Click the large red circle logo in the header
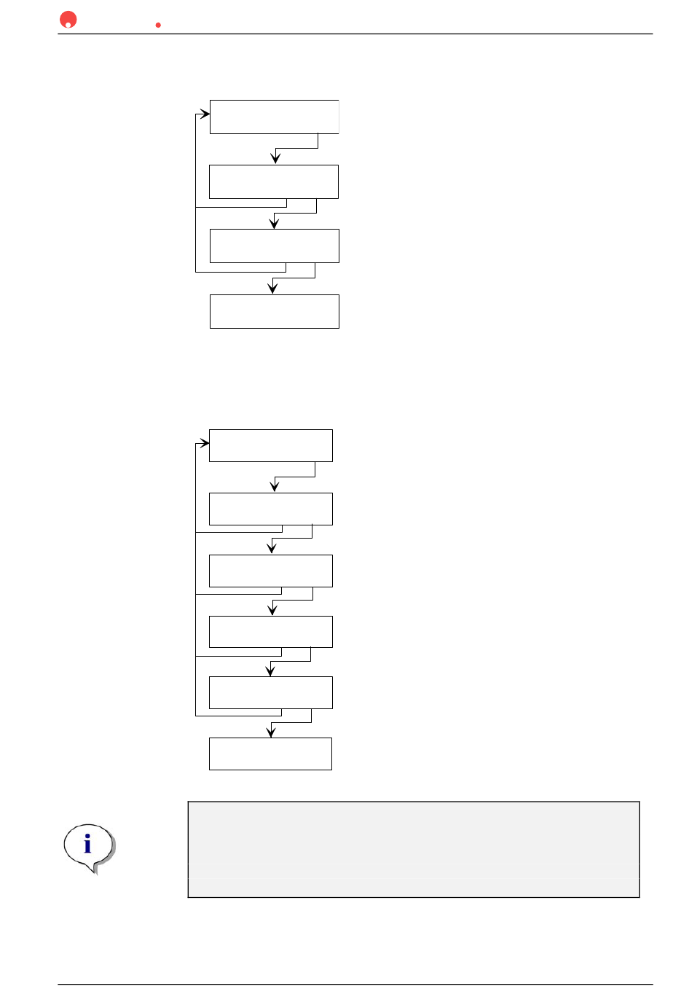coord(68,20)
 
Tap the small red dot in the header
coord(158,25)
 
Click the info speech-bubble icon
coord(88,847)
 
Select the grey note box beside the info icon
coord(413,849)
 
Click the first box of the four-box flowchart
coord(274,117)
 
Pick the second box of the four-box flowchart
coord(273,181)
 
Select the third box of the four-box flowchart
coord(274,246)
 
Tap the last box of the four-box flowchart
coord(274,311)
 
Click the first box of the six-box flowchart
coord(270,445)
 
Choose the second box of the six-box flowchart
coord(270,509)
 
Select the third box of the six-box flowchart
coord(270,571)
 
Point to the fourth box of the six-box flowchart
coord(270,632)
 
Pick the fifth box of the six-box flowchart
coord(270,692)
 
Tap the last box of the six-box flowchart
coord(270,754)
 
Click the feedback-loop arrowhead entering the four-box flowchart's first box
coord(205,114)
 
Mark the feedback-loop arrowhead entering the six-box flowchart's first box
coord(205,442)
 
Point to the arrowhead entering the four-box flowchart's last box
coord(272,289)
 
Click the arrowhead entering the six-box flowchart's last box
coord(271,732)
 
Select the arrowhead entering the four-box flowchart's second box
coord(275,159)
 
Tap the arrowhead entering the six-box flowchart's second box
coord(275,487)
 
